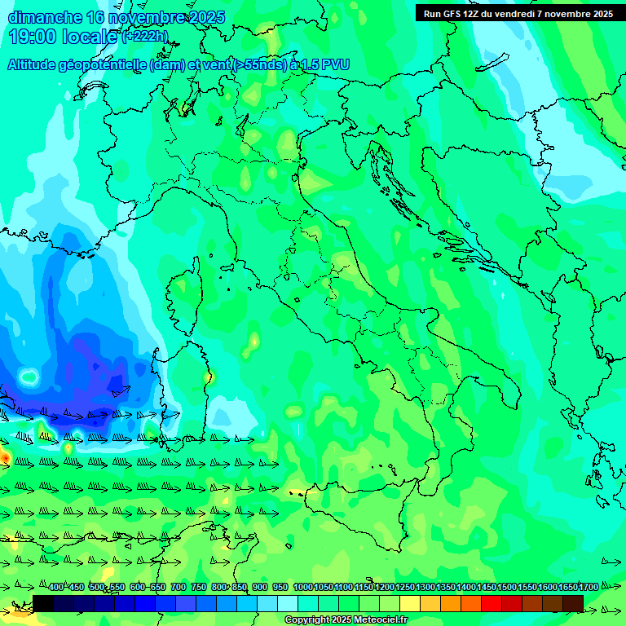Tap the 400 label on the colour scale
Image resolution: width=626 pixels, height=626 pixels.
point(56,587)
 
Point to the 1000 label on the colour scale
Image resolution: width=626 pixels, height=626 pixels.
point(302,587)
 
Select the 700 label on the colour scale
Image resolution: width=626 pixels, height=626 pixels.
point(179,587)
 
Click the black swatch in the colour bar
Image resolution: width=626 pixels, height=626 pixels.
point(43,603)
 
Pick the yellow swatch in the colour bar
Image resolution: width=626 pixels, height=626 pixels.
point(410,603)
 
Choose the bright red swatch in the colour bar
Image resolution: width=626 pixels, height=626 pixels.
point(492,603)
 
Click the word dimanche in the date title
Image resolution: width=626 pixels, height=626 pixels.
point(45,17)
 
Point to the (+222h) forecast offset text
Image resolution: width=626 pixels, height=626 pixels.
point(144,37)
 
